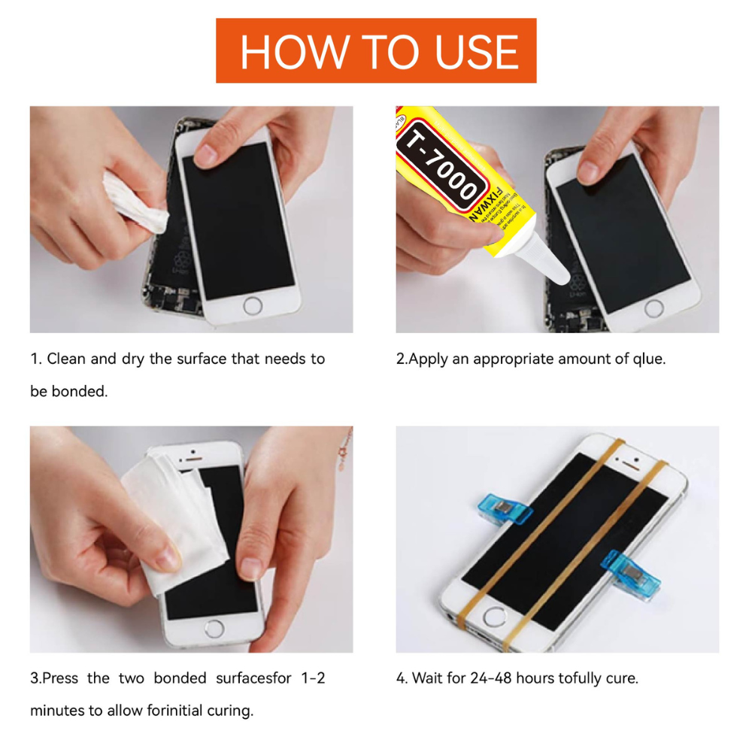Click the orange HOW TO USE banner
tap(376, 50)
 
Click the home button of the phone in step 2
tap(653, 308)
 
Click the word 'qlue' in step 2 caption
tap(649, 359)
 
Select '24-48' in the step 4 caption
tap(490, 678)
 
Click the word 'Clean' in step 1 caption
tap(66, 359)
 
